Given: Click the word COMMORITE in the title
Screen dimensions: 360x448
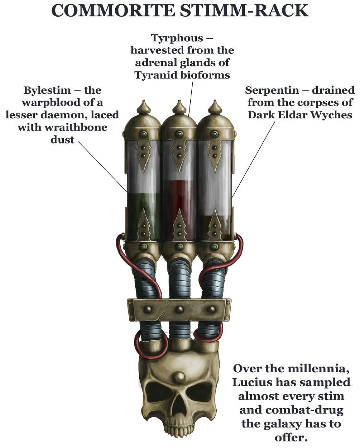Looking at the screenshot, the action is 113,10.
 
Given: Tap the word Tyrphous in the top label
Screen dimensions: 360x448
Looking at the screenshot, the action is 177,38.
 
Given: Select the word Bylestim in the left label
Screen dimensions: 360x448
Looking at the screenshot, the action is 47,90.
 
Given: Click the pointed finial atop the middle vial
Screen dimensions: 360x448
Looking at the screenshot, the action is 179,107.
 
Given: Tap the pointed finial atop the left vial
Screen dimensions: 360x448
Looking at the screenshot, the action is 143,107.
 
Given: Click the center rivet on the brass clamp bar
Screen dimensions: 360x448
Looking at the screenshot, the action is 179,309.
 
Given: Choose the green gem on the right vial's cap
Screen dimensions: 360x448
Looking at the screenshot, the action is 215,133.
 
